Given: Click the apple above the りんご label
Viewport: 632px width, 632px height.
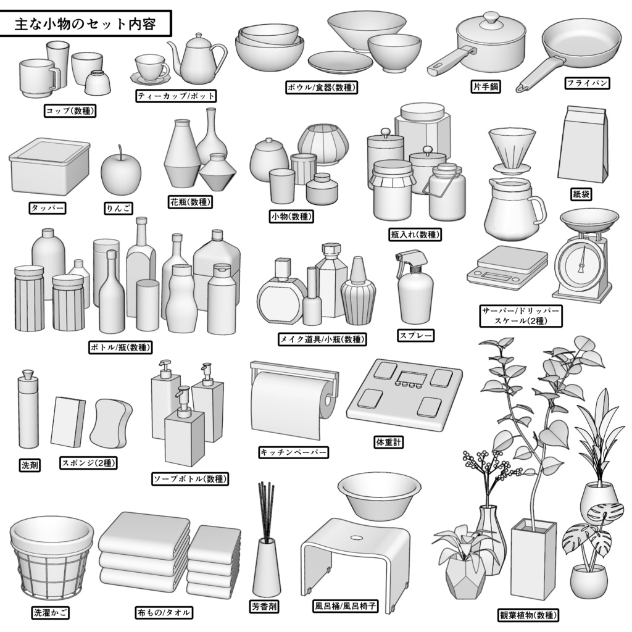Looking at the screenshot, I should click(120, 173).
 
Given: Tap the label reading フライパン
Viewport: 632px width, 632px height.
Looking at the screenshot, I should click(588, 83).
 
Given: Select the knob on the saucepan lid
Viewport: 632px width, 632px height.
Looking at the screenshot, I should click(491, 17).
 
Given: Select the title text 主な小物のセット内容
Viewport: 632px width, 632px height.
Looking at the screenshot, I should click(85, 25).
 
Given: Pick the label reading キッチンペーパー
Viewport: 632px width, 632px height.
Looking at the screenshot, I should click(293, 452).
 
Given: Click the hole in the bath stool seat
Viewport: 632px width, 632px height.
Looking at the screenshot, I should click(356, 536).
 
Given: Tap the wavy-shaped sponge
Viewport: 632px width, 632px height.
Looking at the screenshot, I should click(111, 423).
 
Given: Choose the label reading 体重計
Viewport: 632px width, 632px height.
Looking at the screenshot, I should click(389, 442).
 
